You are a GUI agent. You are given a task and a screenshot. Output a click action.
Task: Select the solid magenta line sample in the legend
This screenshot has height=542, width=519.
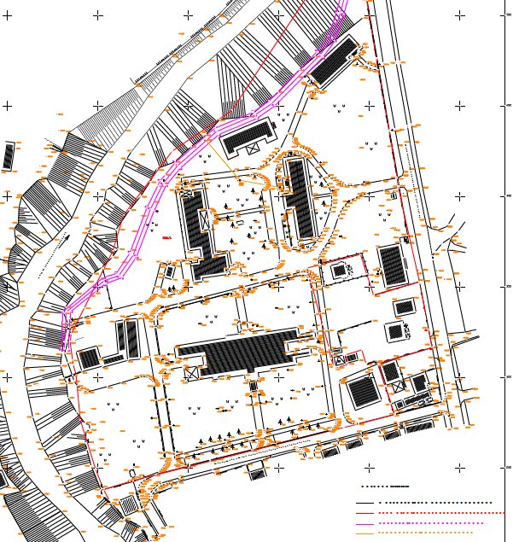tap(366, 523)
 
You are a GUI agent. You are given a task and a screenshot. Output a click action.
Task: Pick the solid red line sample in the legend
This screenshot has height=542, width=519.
tap(366, 513)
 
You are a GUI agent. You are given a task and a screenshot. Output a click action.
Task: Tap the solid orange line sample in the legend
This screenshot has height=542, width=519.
tap(366, 533)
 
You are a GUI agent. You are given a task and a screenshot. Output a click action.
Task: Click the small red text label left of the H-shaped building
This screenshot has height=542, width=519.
tap(167, 239)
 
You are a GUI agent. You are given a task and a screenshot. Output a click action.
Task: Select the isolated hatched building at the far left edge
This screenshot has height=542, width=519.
tap(9, 155)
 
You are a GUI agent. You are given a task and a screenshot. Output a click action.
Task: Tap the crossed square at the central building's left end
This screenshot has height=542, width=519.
tap(191, 372)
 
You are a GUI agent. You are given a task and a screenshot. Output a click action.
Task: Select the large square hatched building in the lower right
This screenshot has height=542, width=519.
tap(364, 392)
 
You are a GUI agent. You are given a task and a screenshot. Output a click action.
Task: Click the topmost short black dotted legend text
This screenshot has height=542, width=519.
tap(386, 487)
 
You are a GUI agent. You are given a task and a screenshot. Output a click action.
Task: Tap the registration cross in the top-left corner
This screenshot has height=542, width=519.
tap(8, 15)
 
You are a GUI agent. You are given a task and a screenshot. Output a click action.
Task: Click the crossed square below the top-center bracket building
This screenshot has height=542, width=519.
tap(252, 149)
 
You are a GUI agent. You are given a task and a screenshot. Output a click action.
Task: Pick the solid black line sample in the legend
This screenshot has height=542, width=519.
tap(366, 503)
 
